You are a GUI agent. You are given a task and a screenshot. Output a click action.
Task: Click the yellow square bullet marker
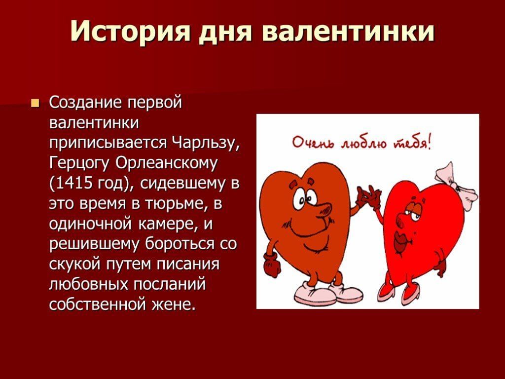pos(35,104)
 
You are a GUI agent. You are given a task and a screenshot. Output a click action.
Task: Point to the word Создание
pos(86,103)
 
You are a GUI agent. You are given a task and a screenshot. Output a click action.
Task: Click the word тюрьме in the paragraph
pos(176,204)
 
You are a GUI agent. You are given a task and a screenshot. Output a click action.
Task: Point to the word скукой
pos(75,265)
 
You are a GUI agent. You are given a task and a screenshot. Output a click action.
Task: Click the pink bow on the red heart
pos(457,181)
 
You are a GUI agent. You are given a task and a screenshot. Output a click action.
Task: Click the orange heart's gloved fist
pos(272,265)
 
